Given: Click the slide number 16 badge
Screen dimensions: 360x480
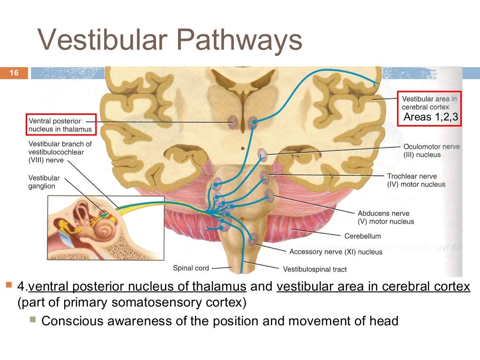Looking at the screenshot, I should click(14, 73).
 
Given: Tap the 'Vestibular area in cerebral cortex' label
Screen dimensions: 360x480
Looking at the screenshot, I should click(429, 103).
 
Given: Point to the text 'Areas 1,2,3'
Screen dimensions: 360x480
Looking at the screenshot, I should click(430, 117).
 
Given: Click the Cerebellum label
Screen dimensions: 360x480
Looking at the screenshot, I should click(362, 236).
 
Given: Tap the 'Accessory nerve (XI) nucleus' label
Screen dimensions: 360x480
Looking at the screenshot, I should click(336, 252).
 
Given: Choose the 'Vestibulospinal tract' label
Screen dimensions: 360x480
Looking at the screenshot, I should click(315, 269).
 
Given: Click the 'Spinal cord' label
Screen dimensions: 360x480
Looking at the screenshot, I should click(191, 268).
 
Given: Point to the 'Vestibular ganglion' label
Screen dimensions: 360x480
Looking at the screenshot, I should click(44, 182).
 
